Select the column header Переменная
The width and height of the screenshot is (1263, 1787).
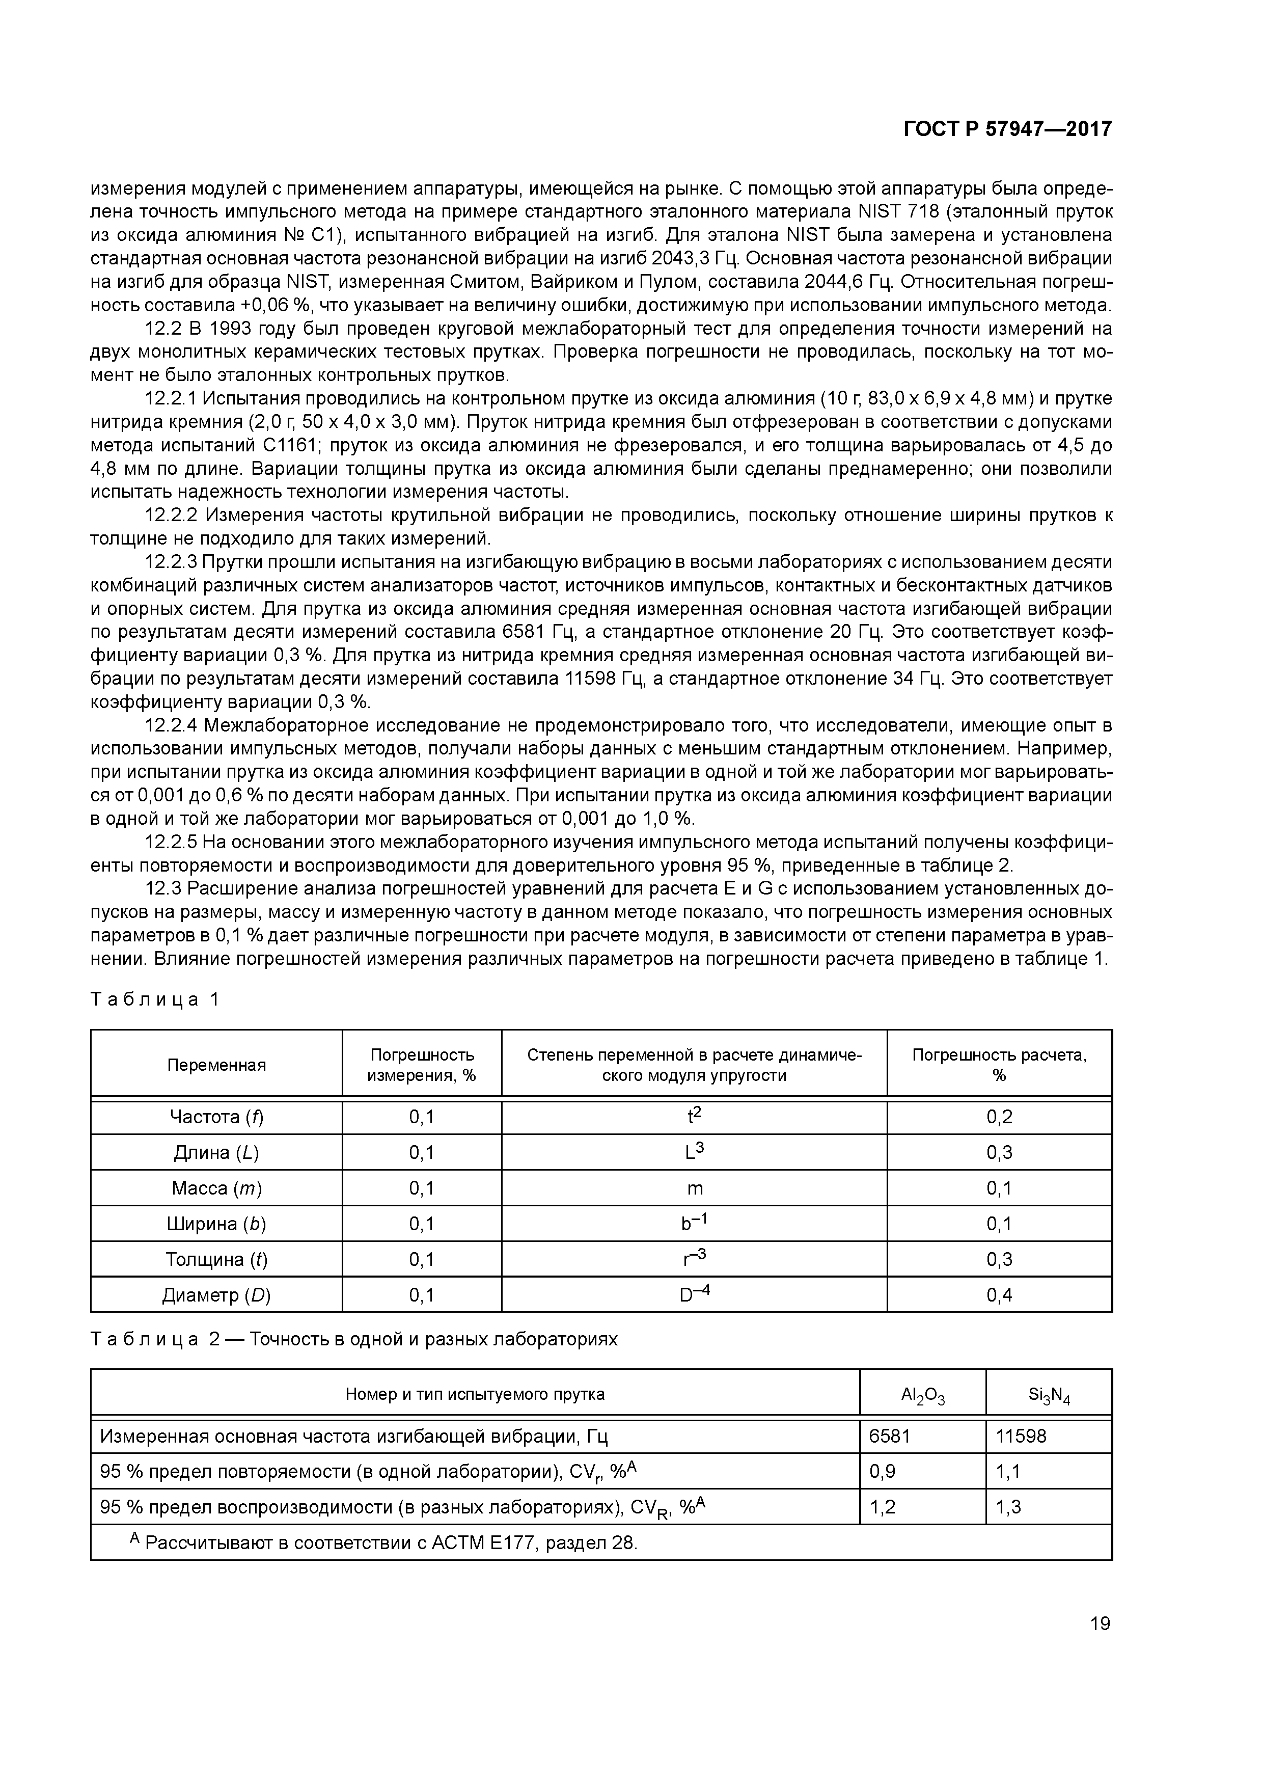216,1065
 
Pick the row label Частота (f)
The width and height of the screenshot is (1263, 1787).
216,1117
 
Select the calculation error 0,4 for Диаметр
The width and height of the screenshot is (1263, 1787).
999,1295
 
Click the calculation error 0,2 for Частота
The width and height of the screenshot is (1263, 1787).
999,1117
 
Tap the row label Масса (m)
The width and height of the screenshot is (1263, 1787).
216,1188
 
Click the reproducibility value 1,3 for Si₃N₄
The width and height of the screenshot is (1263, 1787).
1008,1507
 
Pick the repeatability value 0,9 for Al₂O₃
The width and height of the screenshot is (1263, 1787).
883,1471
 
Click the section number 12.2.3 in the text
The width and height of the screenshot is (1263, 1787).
171,562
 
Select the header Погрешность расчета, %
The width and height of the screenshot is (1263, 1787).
999,1065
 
